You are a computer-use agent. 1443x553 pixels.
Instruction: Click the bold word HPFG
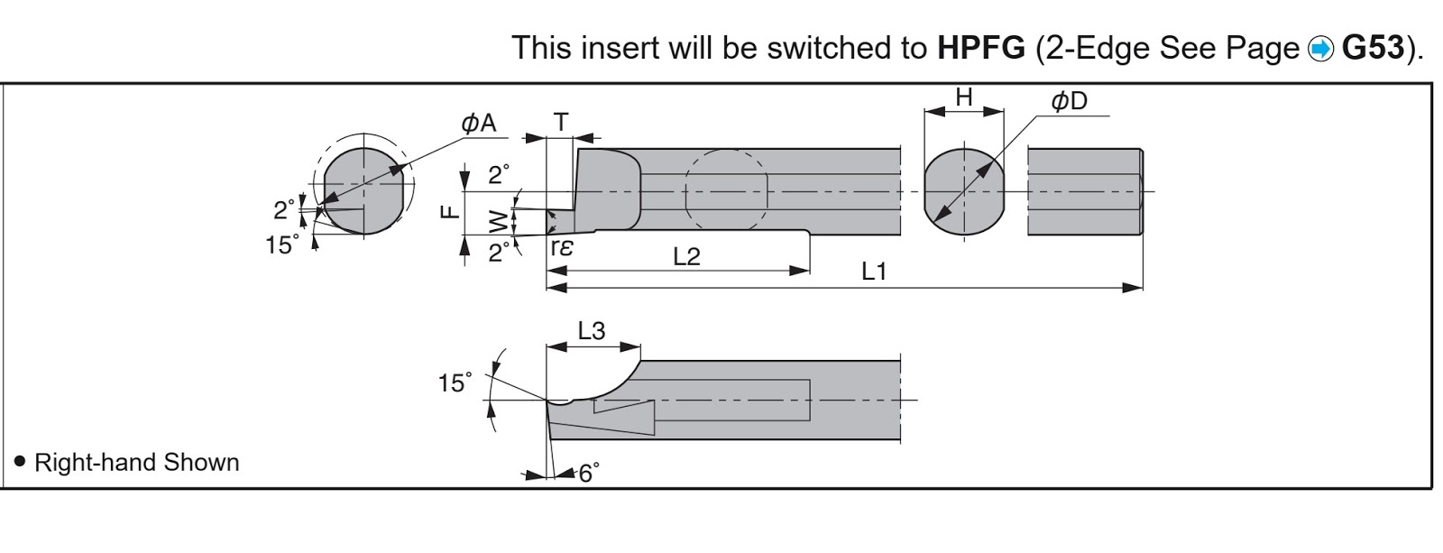[x=980, y=48]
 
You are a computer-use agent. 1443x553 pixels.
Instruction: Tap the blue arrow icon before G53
[x=1320, y=50]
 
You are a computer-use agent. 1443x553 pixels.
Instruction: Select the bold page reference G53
[x=1372, y=48]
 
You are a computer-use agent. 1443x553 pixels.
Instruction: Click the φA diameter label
[x=479, y=123]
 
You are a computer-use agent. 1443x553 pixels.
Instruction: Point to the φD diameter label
[x=1069, y=100]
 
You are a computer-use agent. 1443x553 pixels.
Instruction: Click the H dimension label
[x=964, y=97]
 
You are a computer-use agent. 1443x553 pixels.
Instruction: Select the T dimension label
[x=561, y=122]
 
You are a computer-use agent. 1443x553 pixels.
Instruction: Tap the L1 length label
[x=874, y=272]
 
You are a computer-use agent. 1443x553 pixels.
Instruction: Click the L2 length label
[x=686, y=256]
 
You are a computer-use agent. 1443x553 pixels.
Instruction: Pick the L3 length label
[x=592, y=331]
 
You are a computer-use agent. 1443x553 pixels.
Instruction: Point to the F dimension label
[x=450, y=211]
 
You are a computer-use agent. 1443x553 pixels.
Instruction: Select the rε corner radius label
[x=562, y=247]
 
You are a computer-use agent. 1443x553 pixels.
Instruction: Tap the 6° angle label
[x=589, y=473]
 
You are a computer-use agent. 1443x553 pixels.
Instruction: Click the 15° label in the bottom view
[x=455, y=382]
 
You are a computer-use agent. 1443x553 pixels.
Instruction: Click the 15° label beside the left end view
[x=282, y=244]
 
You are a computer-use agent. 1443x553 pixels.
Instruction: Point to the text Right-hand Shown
[x=136, y=462]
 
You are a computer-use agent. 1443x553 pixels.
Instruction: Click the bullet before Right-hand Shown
[x=20, y=462]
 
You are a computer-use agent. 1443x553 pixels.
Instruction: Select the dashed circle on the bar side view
[x=726, y=190]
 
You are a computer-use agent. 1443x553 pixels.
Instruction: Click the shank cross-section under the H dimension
[x=964, y=192]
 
